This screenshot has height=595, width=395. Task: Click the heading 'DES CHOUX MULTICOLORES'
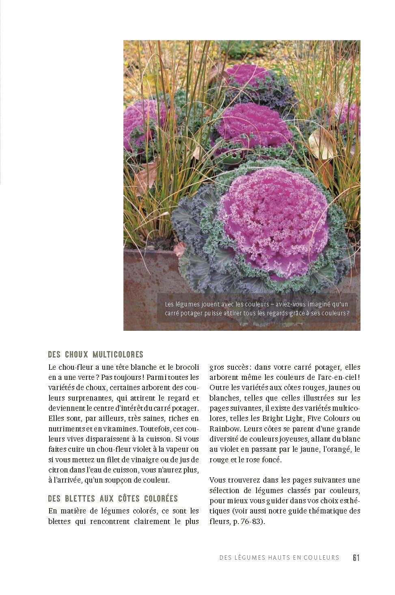click(95, 354)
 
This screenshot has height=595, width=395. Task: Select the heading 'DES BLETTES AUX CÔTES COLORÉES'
click(113, 498)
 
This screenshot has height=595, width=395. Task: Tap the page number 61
click(356, 557)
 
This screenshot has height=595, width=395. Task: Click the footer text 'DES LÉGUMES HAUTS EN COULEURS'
click(279, 558)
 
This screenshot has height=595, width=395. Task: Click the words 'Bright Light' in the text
click(283, 418)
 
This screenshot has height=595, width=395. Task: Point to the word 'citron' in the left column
click(58, 470)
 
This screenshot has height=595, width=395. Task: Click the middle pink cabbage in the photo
click(254, 124)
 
